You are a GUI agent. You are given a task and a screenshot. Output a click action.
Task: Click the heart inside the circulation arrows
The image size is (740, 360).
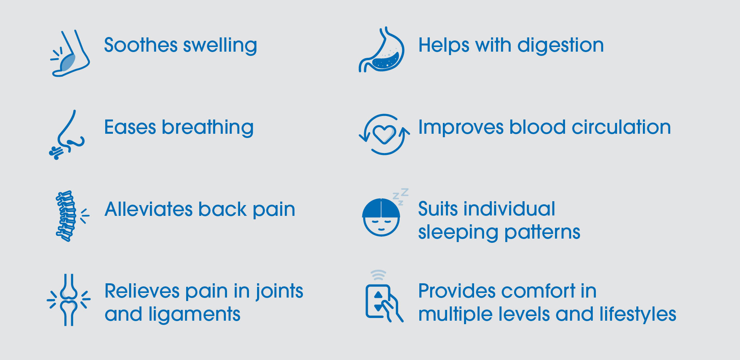tap(384, 135)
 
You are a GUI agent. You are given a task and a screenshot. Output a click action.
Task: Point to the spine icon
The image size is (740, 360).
tap(66, 216)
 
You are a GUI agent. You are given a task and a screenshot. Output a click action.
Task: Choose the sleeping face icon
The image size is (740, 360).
tap(381, 217)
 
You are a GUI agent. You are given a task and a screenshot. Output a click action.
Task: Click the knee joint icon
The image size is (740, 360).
tap(69, 300)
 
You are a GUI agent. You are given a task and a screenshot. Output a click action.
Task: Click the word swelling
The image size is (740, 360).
tap(220, 46)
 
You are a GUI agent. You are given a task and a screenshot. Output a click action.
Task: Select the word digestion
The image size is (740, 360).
tap(560, 46)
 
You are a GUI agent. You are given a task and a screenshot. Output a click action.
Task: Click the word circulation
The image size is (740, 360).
tap(621, 127)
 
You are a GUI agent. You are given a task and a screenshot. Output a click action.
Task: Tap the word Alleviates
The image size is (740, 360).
tap(149, 209)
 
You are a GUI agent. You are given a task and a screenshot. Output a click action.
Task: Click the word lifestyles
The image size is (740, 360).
tap(638, 315)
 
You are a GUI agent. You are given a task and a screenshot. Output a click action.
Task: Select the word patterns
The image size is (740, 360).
tap(542, 232)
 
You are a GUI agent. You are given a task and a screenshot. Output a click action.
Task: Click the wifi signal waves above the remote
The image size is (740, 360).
tap(378, 275)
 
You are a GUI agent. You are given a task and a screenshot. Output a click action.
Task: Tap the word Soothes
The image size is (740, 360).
tap(141, 45)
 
